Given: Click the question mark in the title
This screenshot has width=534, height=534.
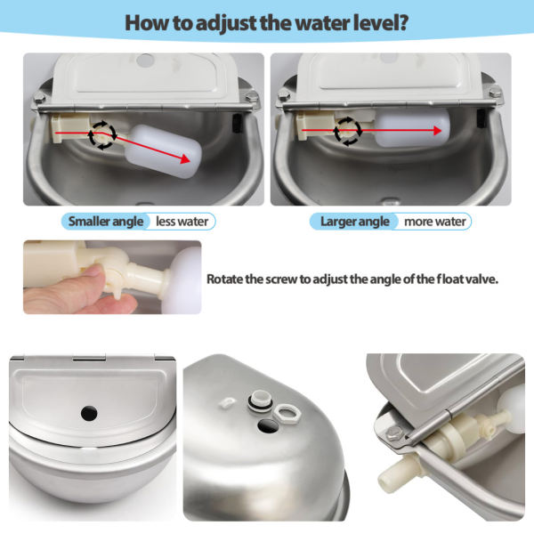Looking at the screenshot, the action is [403, 23].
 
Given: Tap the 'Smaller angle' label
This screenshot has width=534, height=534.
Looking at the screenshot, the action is [106, 222].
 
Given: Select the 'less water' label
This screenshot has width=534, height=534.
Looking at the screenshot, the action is [182, 222].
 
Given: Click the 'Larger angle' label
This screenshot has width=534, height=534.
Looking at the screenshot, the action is [355, 222].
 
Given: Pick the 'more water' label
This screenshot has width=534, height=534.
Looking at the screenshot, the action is [435, 222].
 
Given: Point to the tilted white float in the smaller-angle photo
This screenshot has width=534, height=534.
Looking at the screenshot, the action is [164, 151].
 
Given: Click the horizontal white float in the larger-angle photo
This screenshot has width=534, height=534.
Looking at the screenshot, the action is [413, 127].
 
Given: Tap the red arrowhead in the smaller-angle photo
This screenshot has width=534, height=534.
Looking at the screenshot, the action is [185, 158].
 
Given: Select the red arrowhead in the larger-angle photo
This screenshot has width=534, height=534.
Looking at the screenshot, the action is [438, 131].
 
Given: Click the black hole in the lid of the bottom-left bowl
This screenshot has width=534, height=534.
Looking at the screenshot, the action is [89, 413].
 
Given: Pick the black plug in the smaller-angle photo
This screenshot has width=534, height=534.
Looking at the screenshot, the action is [237, 123].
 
